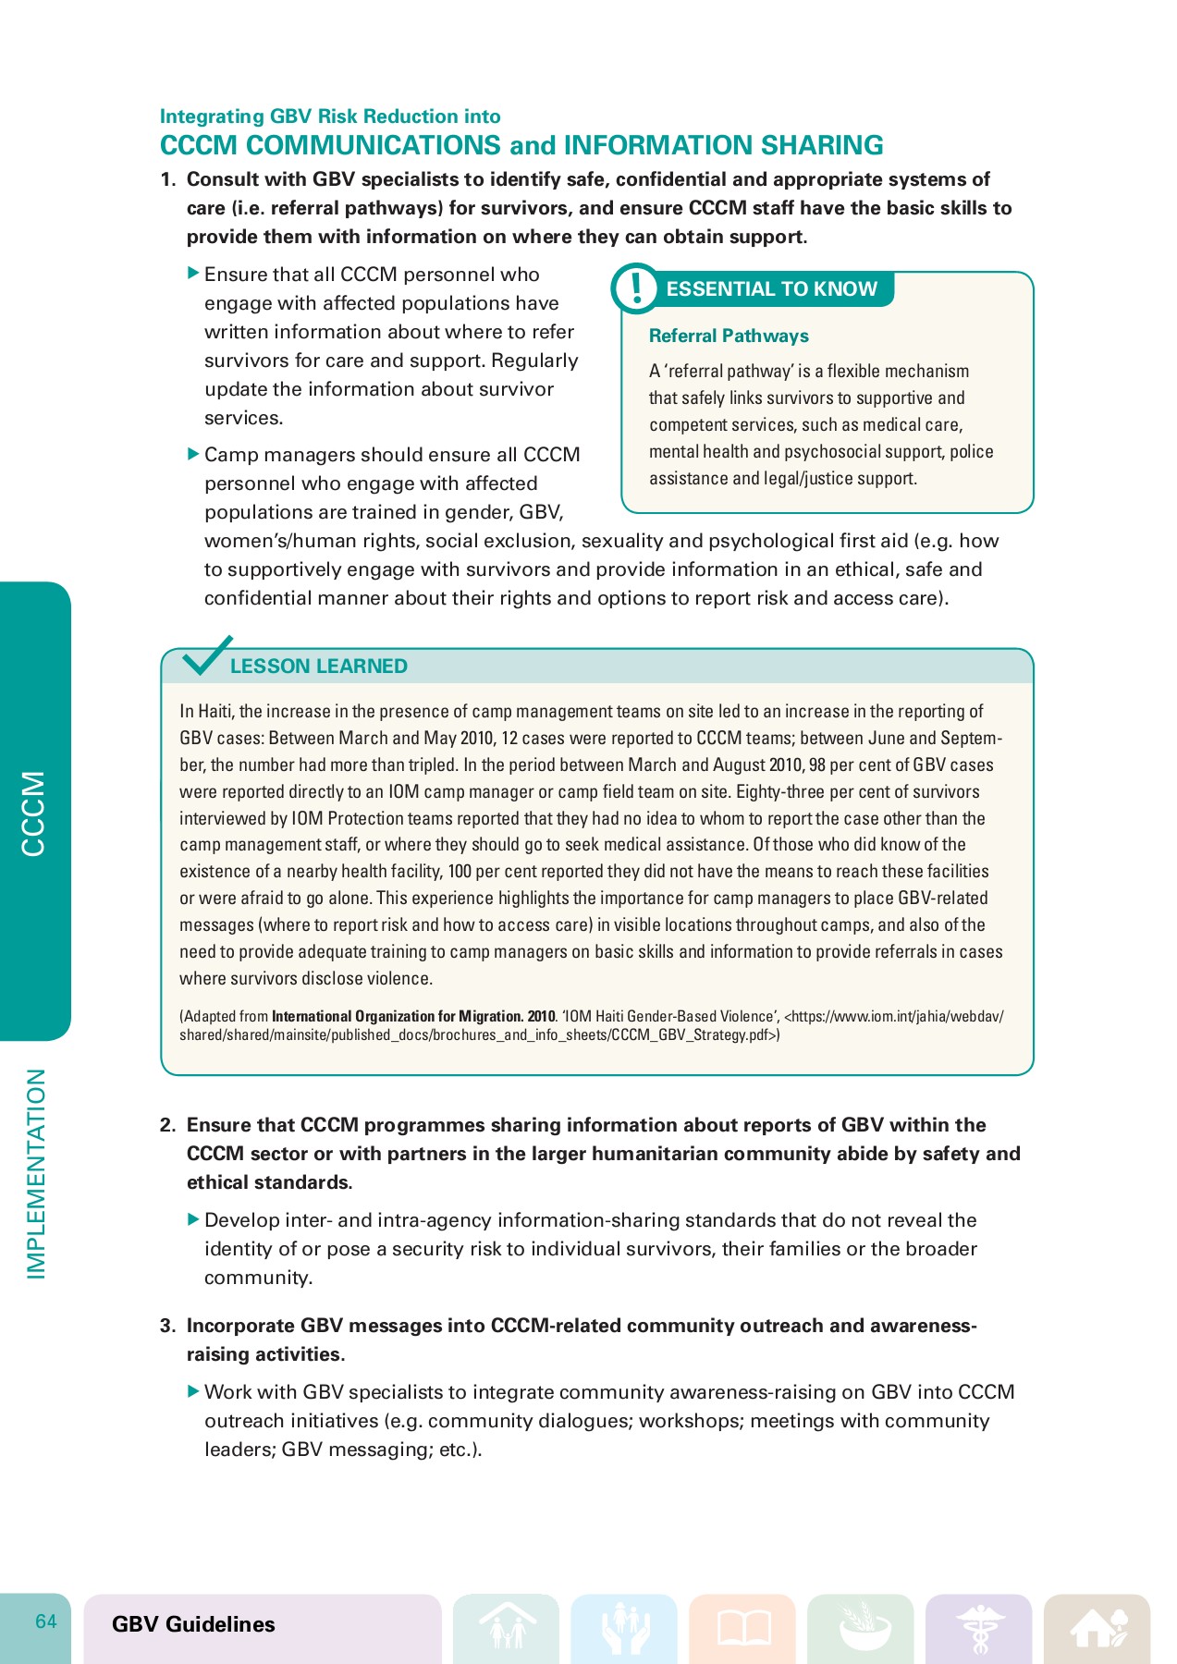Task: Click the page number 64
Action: [46, 1621]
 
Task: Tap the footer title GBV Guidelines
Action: [193, 1624]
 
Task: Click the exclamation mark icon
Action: [635, 288]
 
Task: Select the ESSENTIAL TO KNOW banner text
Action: [771, 289]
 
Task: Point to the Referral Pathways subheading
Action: [729, 336]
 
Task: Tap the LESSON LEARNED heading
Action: [318, 667]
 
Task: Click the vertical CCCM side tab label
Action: [33, 814]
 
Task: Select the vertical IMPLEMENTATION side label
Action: [35, 1174]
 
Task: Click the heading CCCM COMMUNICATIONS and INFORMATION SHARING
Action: [521, 146]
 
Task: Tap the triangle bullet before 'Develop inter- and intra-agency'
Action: [193, 1219]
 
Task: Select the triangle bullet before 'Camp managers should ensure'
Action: [193, 454]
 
